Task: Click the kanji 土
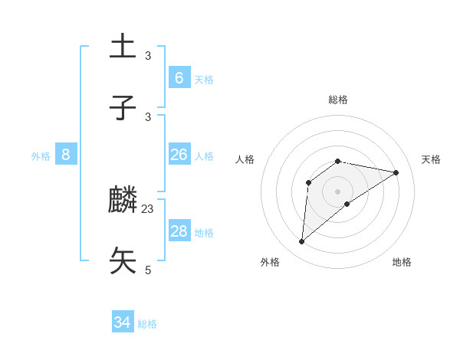point(123,45)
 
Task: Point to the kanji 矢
point(123,260)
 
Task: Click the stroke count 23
point(148,208)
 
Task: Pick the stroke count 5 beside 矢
point(148,270)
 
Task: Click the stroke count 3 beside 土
point(148,55)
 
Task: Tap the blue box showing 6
point(179,77)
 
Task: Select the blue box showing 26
point(179,155)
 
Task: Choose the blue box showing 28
point(179,231)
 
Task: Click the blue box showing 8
point(66,155)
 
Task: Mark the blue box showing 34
point(123,322)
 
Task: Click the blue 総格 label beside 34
point(147,324)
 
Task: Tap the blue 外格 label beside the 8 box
point(41,156)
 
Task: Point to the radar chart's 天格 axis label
point(431,159)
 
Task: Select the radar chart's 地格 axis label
point(402,262)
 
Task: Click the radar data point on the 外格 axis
point(302,242)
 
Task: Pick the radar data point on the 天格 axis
point(396,172)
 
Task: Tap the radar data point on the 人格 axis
point(309,182)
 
